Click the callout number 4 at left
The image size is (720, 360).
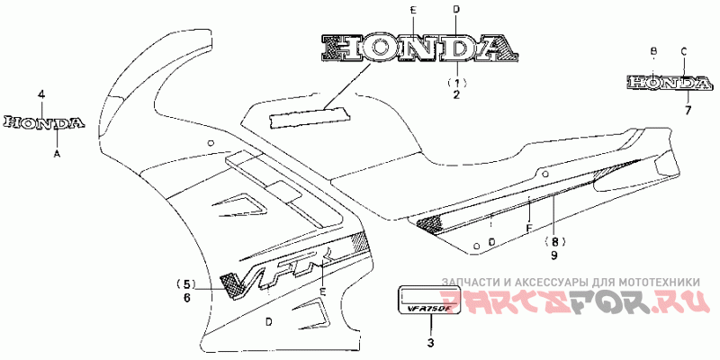[40, 94]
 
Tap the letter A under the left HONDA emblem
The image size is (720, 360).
[58, 154]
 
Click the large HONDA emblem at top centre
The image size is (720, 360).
[418, 47]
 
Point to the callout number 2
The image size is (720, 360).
[455, 94]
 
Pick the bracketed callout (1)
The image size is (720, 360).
[455, 81]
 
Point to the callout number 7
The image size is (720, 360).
[687, 110]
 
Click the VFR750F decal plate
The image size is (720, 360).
[429, 301]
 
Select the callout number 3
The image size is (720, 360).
[430, 341]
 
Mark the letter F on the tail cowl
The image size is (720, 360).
[529, 228]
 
